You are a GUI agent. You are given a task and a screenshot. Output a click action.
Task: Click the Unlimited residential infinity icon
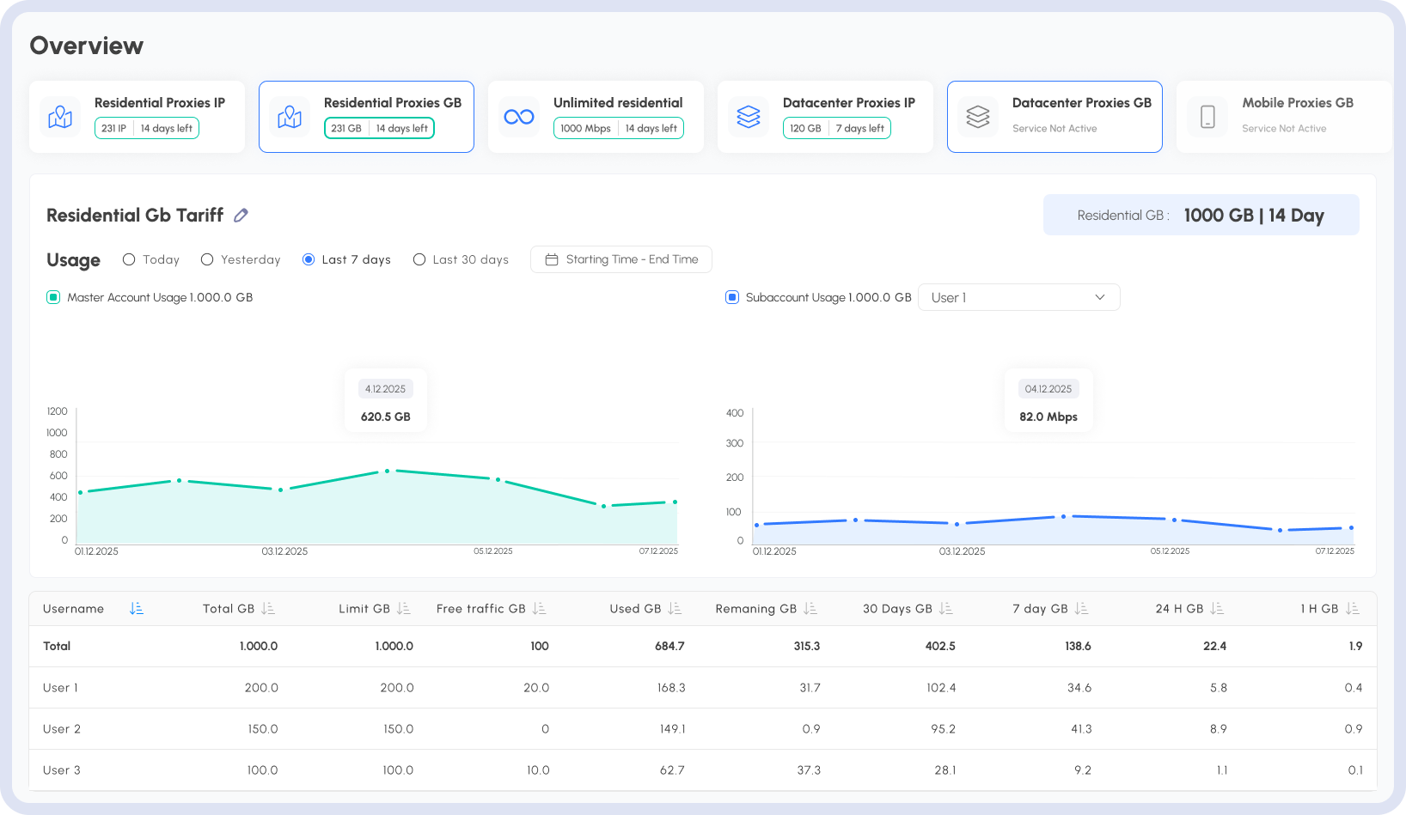click(x=518, y=117)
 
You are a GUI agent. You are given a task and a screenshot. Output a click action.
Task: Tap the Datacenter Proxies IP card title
click(x=848, y=103)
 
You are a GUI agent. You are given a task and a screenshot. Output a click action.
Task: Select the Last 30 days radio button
click(x=419, y=259)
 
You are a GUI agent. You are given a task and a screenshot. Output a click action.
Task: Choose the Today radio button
click(x=129, y=259)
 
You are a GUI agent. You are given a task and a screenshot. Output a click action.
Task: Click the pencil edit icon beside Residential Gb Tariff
click(x=241, y=216)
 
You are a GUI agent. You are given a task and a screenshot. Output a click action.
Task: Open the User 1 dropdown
click(x=1018, y=297)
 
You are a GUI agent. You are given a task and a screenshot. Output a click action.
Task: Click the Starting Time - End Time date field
click(x=620, y=259)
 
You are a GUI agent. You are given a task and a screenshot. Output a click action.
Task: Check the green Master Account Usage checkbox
click(x=53, y=297)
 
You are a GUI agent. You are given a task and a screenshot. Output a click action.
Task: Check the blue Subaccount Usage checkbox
click(x=732, y=297)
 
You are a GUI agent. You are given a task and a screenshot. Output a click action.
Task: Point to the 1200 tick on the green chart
click(x=57, y=411)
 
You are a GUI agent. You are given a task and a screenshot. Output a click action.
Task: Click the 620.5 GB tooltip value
click(x=385, y=417)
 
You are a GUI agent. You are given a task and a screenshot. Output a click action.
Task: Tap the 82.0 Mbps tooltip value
click(x=1048, y=417)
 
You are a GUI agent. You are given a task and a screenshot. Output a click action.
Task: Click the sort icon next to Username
click(x=136, y=609)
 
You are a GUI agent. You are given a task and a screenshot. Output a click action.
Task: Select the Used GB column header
click(x=635, y=609)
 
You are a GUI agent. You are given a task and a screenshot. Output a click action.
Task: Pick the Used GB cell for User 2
click(x=672, y=729)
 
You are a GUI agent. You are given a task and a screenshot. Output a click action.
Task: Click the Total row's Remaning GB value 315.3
click(x=807, y=646)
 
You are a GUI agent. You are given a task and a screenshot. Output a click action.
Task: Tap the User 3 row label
click(x=62, y=770)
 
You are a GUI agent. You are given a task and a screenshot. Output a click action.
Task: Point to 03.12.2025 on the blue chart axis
click(x=962, y=551)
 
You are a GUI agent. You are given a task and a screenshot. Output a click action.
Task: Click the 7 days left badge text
click(x=859, y=129)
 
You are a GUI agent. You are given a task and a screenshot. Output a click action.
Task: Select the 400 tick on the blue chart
click(x=735, y=413)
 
